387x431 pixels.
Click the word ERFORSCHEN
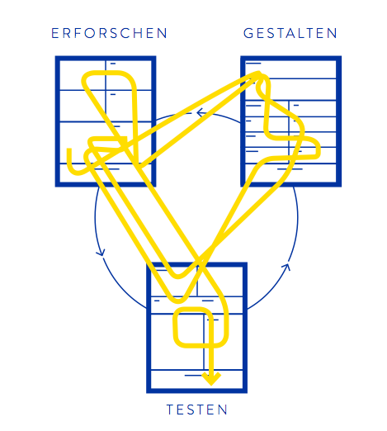109,33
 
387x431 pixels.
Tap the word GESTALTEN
290,33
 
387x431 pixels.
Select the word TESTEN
197,410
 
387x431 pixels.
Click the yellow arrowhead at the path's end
211,379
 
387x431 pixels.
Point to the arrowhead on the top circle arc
201,112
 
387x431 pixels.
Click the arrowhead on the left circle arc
101,253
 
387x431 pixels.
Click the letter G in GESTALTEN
248,33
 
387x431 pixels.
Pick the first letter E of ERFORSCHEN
55,33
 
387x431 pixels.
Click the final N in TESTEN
223,410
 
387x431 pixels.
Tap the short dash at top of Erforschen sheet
113,64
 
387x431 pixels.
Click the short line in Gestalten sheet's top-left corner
253,64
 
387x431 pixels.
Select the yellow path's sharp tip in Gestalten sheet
258,73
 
